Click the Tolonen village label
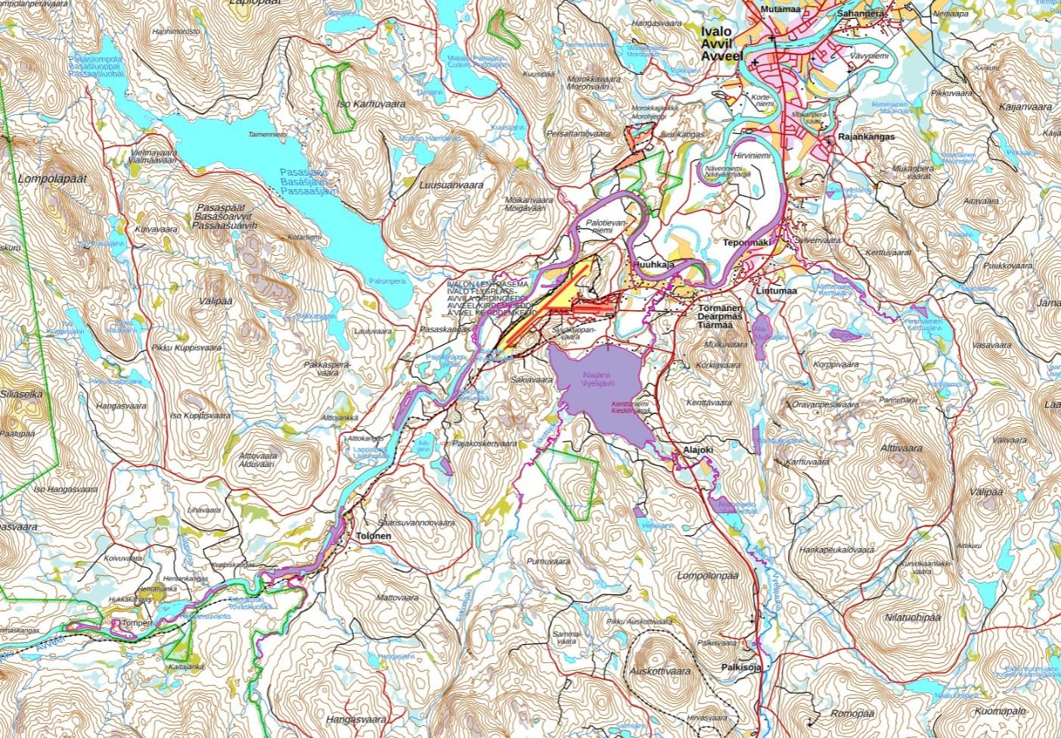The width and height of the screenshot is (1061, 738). pos(371,536)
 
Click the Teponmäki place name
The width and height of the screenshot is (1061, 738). pos(746,243)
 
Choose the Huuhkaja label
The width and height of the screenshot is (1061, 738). pos(655,264)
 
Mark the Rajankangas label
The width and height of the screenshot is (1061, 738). pos(866,137)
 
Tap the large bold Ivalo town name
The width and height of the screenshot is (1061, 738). pos(716,32)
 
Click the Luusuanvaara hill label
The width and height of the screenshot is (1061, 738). pos(451,184)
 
